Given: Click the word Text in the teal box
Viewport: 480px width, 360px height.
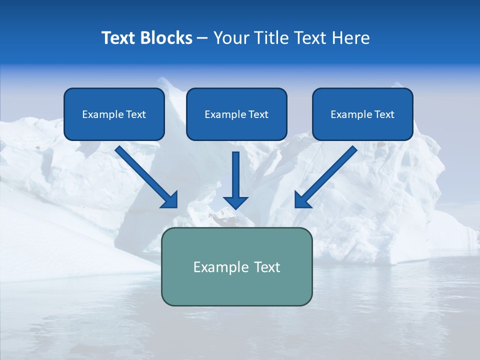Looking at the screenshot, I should pyautogui.click(x=266, y=267).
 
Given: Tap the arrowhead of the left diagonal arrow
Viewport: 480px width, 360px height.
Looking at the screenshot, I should pyautogui.click(x=170, y=200).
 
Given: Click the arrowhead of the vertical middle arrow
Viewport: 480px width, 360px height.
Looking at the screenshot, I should pyautogui.click(x=235, y=202).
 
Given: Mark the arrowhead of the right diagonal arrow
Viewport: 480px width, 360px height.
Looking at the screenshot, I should pyautogui.click(x=302, y=200).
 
